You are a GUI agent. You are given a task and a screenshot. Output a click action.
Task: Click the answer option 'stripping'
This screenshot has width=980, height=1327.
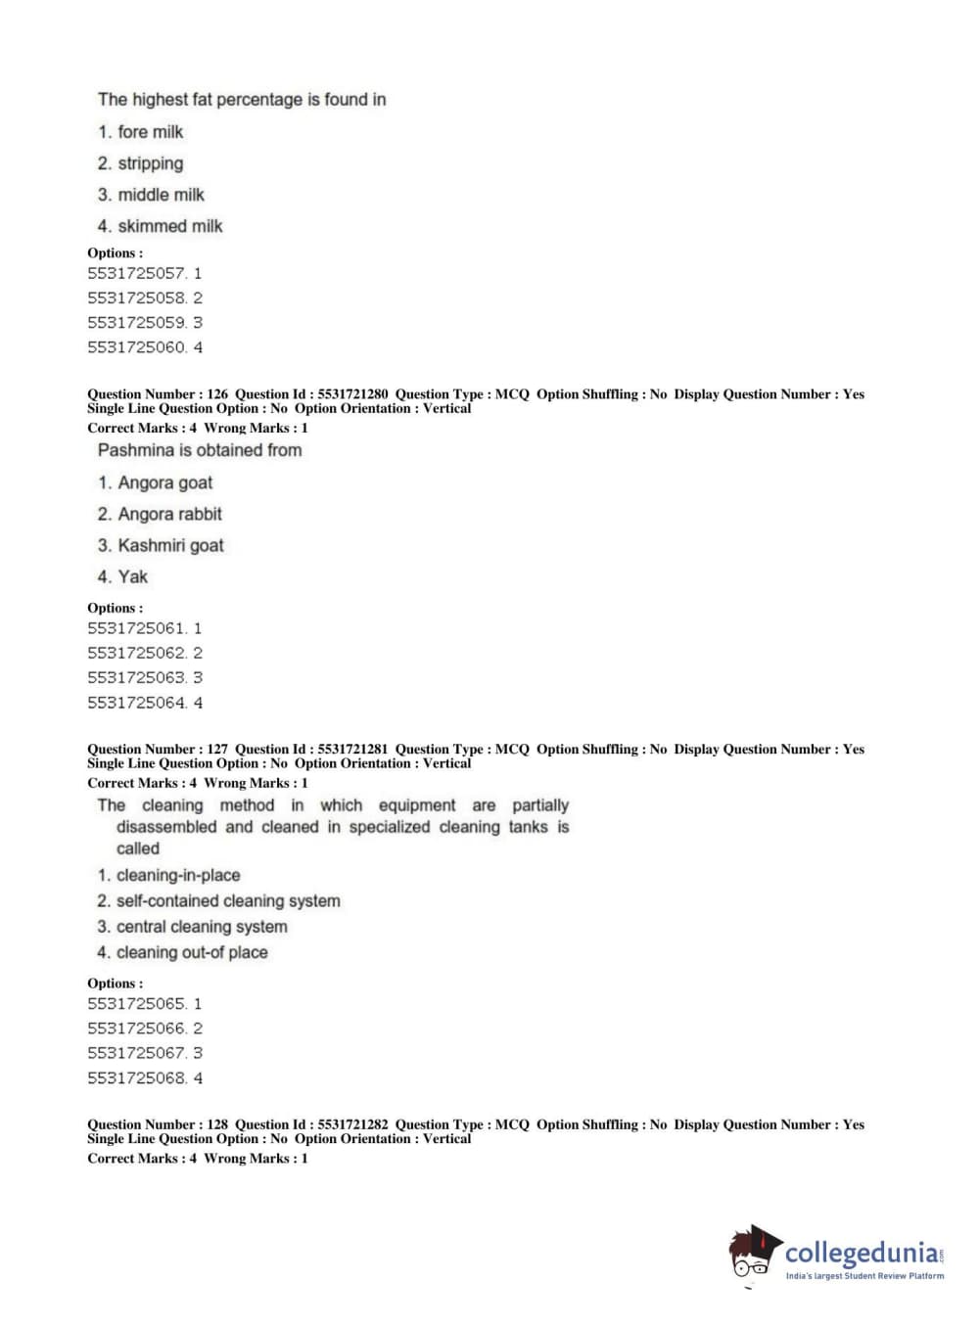click(x=150, y=163)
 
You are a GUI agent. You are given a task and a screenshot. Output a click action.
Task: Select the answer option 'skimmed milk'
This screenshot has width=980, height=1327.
click(x=169, y=226)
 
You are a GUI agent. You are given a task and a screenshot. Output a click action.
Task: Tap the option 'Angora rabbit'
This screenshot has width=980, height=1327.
click(x=169, y=514)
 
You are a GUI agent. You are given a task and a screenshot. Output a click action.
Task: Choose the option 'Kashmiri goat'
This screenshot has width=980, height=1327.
click(x=170, y=545)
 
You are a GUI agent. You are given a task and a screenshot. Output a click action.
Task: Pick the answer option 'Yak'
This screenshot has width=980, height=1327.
click(x=132, y=576)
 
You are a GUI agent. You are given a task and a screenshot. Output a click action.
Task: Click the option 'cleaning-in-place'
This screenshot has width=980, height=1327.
click(x=177, y=875)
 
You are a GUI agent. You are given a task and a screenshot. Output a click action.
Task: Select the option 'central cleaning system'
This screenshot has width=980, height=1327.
click(x=202, y=927)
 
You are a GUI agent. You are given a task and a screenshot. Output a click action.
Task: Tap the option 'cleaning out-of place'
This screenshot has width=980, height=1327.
click(x=192, y=952)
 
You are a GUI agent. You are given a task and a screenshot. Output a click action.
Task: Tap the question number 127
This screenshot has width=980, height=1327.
click(x=217, y=749)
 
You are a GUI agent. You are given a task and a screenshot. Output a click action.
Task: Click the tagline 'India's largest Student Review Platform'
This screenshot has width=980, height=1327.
click(x=864, y=1276)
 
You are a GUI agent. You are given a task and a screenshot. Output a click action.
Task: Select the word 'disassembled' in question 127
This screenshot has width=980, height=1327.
click(x=166, y=827)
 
